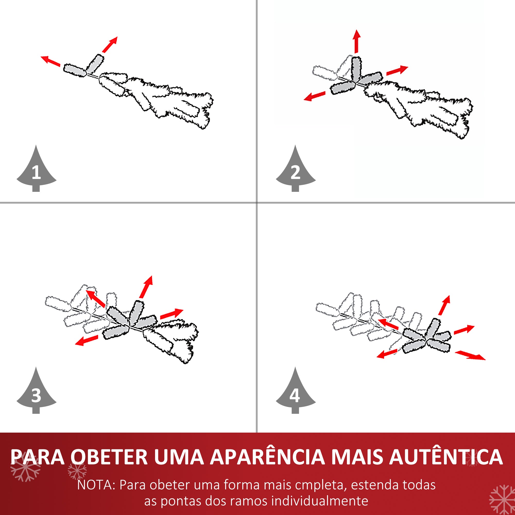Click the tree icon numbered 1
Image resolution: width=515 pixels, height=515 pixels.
tap(36, 171)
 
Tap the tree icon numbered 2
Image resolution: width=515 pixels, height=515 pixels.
tap(295, 171)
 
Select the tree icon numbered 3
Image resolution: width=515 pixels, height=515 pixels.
tap(36, 393)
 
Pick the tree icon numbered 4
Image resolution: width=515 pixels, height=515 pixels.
tap(295, 393)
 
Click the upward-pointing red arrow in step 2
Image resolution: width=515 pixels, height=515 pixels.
tap(357, 41)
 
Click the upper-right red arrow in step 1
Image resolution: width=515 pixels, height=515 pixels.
tap(110, 45)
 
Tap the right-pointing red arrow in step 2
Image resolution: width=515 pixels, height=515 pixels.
tap(397, 70)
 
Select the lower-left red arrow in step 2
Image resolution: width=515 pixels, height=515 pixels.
tap(315, 96)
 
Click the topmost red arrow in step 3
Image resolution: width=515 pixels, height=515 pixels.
tap(146, 287)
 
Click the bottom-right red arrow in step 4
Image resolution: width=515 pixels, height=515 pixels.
tap(470, 355)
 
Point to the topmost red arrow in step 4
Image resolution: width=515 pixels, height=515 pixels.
tap(444, 305)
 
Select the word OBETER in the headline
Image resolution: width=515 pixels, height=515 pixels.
tap(109, 457)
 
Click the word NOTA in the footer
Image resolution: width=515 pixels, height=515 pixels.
tap(95, 485)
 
